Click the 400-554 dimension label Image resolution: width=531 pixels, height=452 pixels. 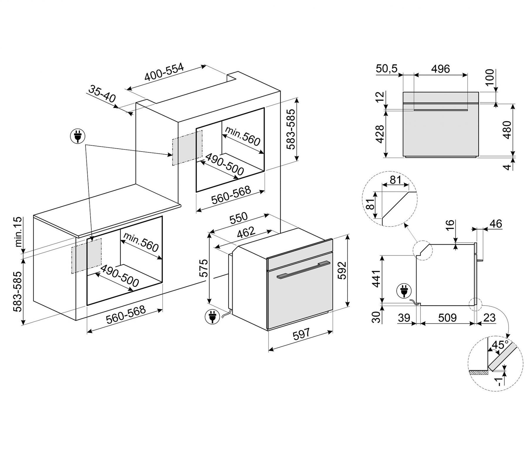tap(164, 72)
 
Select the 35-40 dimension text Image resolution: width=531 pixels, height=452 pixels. tap(102, 94)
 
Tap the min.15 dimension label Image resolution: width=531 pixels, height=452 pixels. tap(18, 232)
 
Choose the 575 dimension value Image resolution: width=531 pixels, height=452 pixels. tap(204, 268)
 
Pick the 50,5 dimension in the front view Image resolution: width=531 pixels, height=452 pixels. tap(387, 69)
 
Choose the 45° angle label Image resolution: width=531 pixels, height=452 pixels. tap(500, 345)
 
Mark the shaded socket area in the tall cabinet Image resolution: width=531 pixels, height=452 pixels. tap(187, 147)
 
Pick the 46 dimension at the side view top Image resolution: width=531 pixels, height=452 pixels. tap(495, 224)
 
